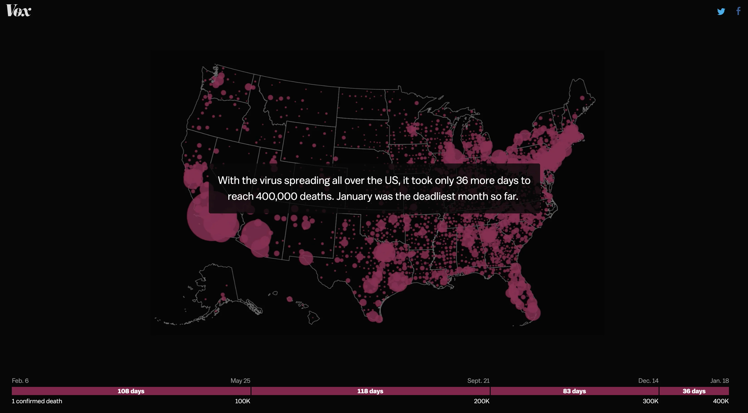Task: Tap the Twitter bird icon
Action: pos(721,12)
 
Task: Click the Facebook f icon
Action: pos(738,11)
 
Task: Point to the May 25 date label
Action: pos(240,381)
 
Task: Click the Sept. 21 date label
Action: pos(478,381)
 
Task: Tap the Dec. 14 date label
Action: pos(648,381)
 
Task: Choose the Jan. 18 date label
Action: pos(720,381)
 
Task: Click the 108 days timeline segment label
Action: pos(131,391)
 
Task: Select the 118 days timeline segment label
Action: pos(370,391)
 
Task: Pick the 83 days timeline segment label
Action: pos(574,391)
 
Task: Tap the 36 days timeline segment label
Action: pos(694,391)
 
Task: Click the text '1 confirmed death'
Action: pos(37,401)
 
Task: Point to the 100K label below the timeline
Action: pos(242,401)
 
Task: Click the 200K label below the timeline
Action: pos(481,401)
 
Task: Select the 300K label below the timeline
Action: pos(650,401)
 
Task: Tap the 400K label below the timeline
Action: pos(721,401)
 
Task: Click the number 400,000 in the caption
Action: pos(276,196)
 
